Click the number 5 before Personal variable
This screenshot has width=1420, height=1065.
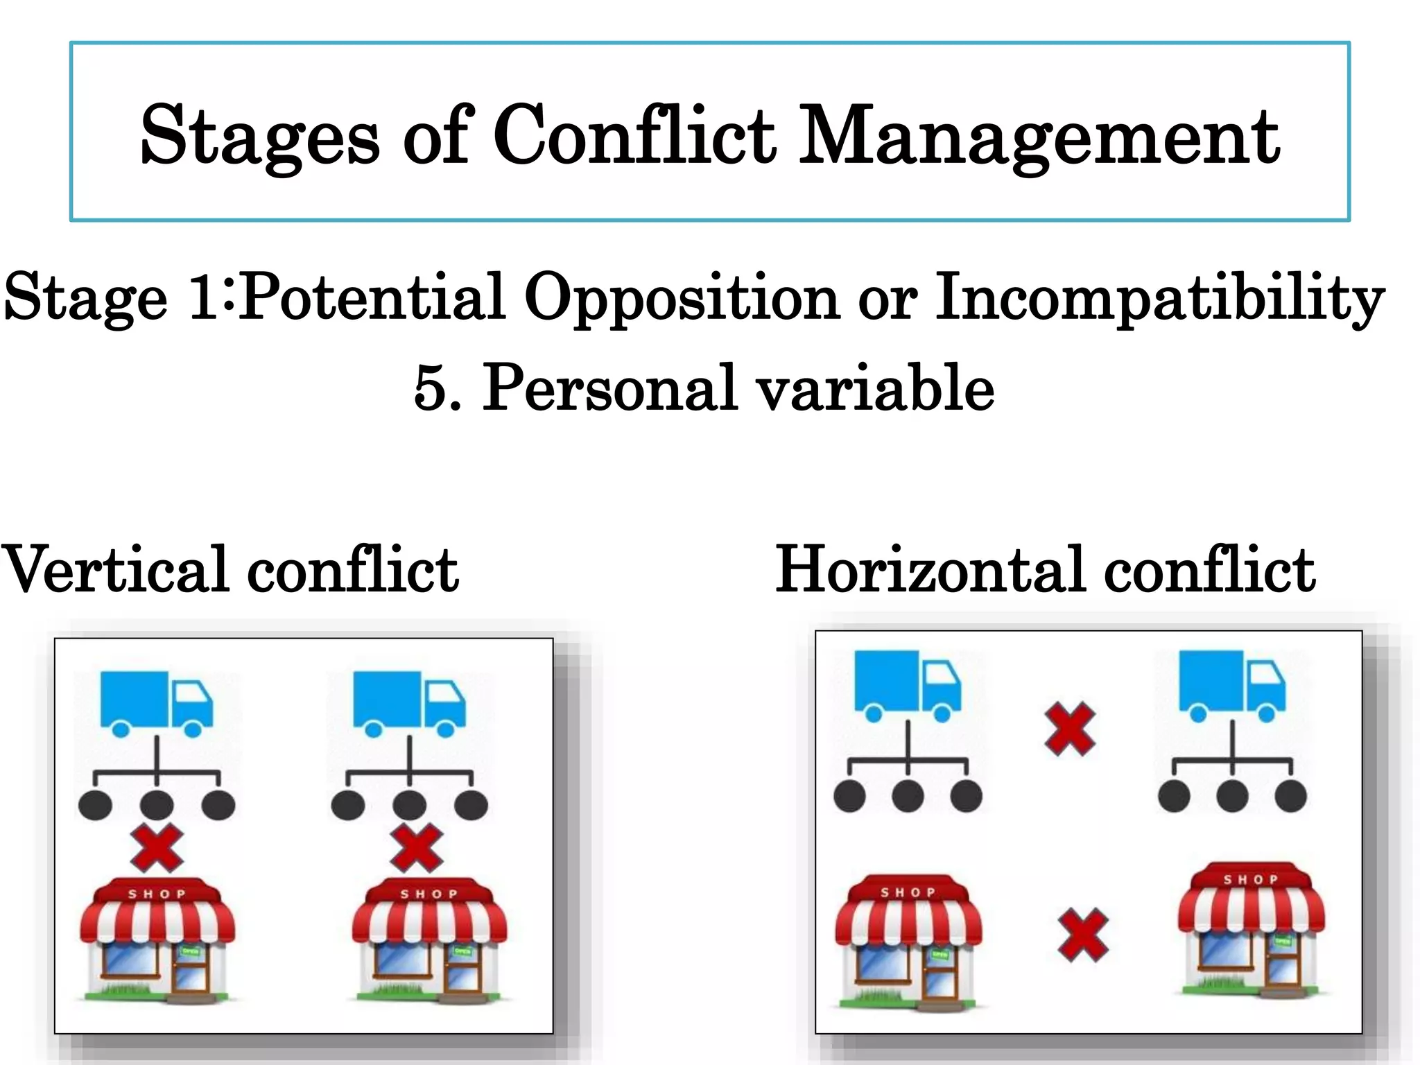428,388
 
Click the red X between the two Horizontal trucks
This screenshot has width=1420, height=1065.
1070,729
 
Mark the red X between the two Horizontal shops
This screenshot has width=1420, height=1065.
1082,935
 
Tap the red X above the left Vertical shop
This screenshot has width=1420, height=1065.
157,848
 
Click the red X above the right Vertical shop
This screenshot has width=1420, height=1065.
416,848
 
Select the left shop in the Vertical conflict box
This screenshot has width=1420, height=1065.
157,940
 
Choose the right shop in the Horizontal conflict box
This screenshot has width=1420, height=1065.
1252,929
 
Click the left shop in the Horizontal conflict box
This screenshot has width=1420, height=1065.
908,940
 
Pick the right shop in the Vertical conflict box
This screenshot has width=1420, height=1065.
429,940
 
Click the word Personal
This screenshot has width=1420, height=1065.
609,388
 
